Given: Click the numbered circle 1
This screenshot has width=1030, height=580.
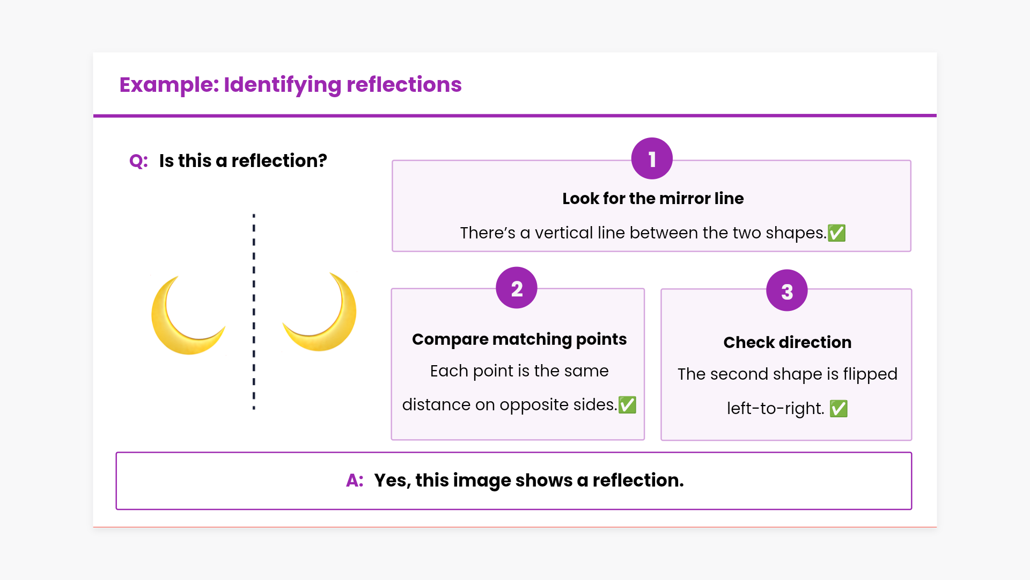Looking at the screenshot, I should pyautogui.click(x=652, y=158).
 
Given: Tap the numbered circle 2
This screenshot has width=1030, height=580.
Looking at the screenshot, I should pyautogui.click(x=517, y=288).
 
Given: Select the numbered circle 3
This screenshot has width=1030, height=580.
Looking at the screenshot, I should pyautogui.click(x=787, y=291).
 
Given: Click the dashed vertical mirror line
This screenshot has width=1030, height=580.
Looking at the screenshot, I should pyautogui.click(x=254, y=311).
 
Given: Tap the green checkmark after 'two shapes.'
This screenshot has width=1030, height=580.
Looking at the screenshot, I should pyautogui.click(x=837, y=233).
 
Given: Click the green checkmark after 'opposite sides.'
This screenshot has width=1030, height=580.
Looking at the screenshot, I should pyautogui.click(x=627, y=405).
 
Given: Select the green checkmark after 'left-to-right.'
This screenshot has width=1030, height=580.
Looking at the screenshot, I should pyautogui.click(x=838, y=409).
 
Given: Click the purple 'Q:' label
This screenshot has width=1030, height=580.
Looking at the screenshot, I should pyautogui.click(x=138, y=161).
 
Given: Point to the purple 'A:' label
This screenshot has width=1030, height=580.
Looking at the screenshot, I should pyautogui.click(x=355, y=480).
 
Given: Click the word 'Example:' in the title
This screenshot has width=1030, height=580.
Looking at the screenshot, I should pyautogui.click(x=169, y=85).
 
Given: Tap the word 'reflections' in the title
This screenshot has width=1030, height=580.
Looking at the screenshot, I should pyautogui.click(x=404, y=85).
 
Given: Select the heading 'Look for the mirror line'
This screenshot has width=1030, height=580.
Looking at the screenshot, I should pyautogui.click(x=653, y=199).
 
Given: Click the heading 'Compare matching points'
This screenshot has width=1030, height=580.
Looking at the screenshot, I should pyautogui.click(x=519, y=339).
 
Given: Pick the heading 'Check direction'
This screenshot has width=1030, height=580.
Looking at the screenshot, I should pyautogui.click(x=787, y=343).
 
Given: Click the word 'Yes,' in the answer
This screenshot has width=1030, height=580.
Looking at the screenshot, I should pyautogui.click(x=392, y=480).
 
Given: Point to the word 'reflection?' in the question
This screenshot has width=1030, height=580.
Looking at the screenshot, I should pyautogui.click(x=279, y=161).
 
